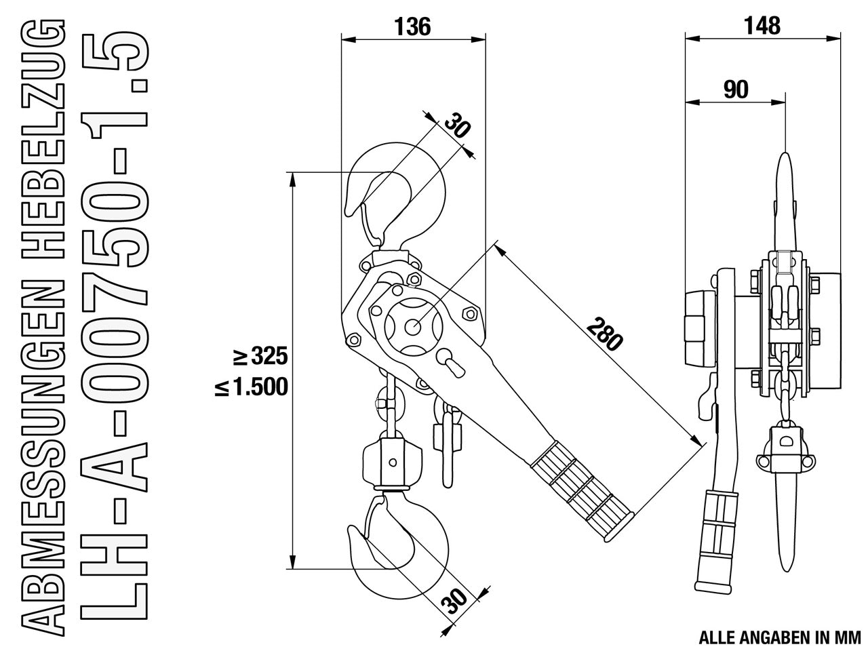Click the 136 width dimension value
412,27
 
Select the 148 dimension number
762,26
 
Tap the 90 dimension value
736,90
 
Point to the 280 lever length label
605,337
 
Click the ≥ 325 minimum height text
260,357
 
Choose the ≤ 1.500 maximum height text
252,387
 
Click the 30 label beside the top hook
458,125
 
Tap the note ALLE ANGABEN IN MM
780,637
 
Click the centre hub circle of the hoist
412,326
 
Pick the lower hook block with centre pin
392,462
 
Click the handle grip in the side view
717,543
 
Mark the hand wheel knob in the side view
700,328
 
